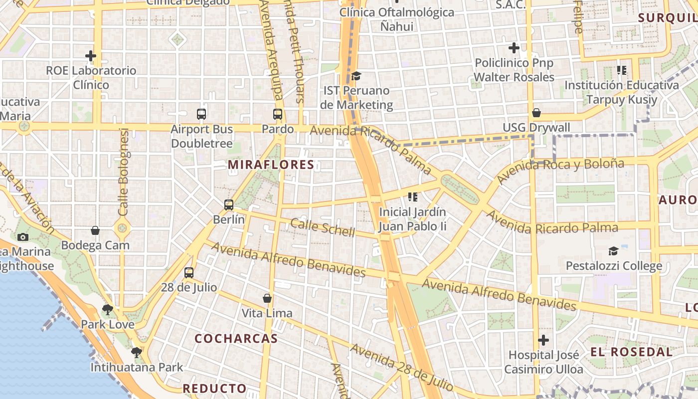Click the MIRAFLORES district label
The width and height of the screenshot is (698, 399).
click(271, 165)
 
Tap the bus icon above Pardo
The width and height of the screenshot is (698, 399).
click(278, 114)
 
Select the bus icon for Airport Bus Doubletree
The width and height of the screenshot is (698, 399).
click(201, 114)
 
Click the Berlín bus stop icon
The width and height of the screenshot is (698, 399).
click(229, 204)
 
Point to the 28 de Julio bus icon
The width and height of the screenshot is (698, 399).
click(189, 272)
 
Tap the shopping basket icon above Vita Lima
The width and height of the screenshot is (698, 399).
click(267, 298)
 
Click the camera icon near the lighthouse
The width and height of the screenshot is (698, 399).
click(23, 237)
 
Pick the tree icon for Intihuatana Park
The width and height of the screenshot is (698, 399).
click(137, 353)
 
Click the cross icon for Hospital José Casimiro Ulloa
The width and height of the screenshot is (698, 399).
click(543, 340)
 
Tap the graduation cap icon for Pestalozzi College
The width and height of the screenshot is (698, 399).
click(614, 251)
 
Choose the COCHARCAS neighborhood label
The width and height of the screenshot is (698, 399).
click(236, 339)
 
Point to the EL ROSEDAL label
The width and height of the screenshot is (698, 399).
click(625, 352)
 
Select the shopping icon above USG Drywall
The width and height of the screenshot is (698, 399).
click(536, 113)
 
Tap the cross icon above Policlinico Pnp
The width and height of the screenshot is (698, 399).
click(514, 48)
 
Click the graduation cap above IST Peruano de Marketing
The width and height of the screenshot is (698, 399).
click(356, 76)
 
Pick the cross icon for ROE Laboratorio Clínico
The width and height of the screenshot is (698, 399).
click(91, 56)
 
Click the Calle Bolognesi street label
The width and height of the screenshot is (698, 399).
click(124, 172)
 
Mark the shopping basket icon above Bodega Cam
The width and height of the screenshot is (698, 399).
click(95, 230)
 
